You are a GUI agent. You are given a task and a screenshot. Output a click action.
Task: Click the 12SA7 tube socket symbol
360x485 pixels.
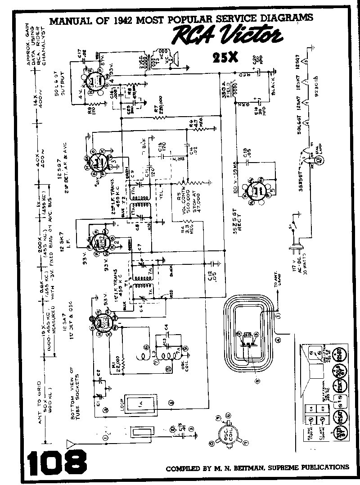(x=104, y=323)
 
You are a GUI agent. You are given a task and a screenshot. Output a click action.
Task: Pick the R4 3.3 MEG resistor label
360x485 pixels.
(x=187, y=227)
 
